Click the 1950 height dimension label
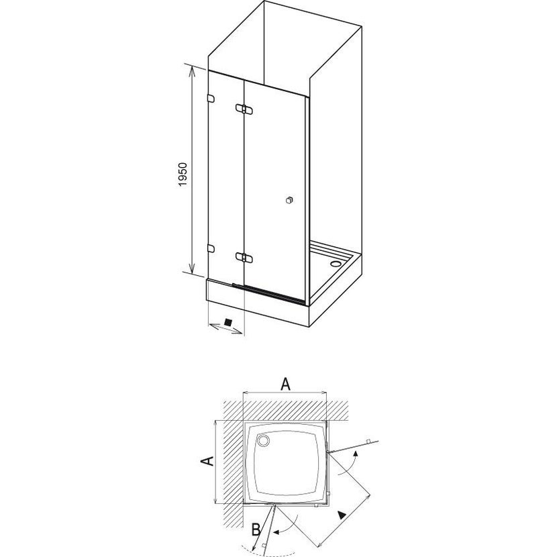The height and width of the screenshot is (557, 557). point(183,174)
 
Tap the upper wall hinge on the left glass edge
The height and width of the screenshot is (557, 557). point(211,99)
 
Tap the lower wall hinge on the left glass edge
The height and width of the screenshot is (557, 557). point(211,249)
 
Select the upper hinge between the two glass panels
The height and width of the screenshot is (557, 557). point(244,109)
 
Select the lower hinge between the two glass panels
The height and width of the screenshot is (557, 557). point(244,258)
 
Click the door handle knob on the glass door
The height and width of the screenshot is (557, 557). point(289,201)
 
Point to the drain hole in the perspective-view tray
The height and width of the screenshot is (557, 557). point(335,264)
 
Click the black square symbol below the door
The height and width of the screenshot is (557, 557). point(228,323)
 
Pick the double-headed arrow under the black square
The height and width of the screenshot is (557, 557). point(225,329)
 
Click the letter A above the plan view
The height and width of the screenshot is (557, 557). point(286,384)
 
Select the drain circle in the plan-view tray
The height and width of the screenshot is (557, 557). point(264,441)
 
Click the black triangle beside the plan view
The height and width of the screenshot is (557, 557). point(342,515)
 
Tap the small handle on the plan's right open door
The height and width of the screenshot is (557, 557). point(368,441)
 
